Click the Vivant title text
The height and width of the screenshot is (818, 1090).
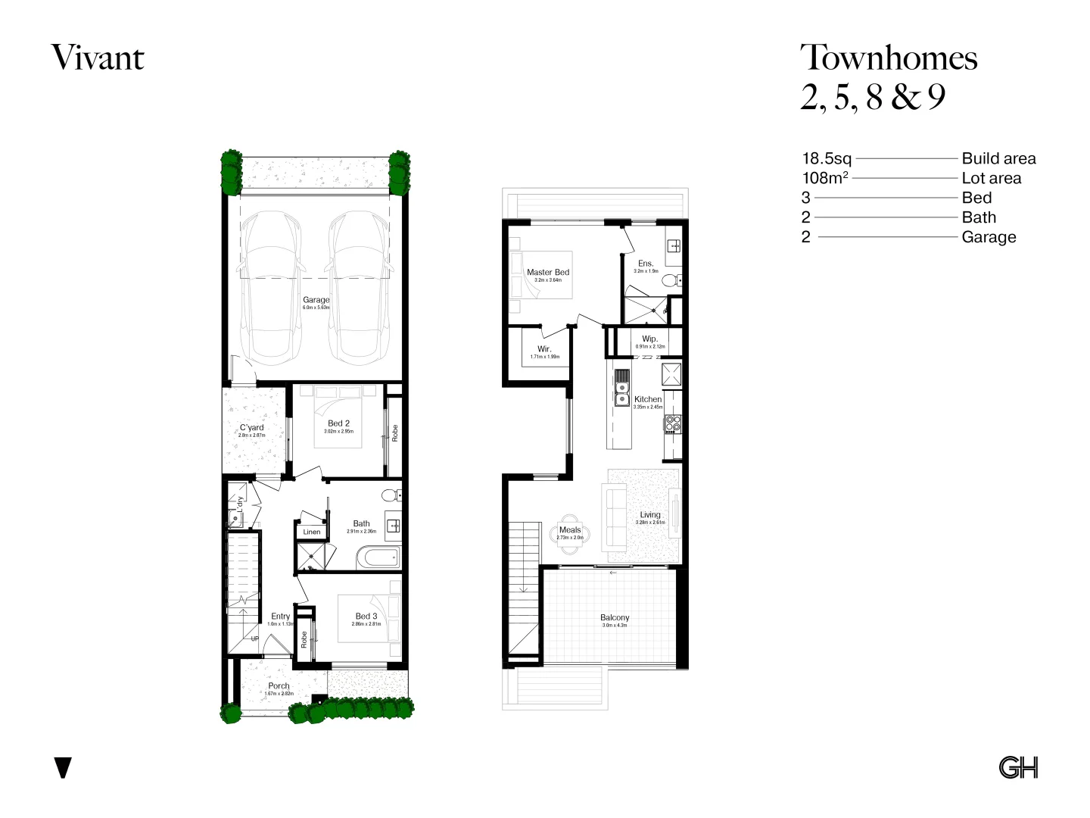98,58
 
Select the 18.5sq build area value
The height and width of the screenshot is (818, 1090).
827,158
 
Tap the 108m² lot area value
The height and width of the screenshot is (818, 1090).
825,178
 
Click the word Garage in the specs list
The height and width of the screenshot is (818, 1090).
989,237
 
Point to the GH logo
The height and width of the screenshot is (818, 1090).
1018,767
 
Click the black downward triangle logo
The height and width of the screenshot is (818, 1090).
64,767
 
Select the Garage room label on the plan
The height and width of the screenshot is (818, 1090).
316,300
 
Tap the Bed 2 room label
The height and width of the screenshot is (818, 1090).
338,423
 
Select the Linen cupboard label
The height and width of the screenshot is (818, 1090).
312,532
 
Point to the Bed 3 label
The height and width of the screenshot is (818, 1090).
366,616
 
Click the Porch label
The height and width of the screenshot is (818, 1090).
279,685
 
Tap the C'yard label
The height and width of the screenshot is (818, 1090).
251,428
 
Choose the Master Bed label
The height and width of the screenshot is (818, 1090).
548,272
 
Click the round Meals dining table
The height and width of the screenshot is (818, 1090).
569,534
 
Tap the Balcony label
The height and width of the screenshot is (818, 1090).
615,617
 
